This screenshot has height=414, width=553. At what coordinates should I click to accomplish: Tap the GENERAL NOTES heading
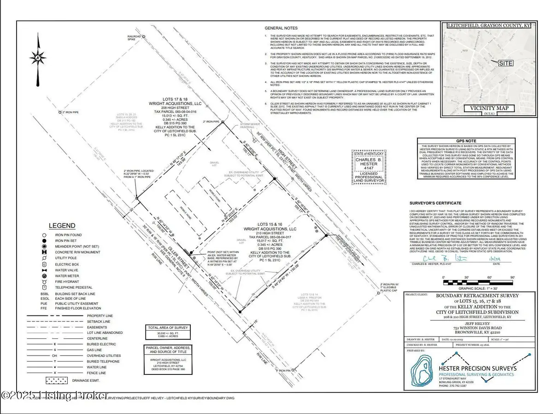click(x=282, y=29)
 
